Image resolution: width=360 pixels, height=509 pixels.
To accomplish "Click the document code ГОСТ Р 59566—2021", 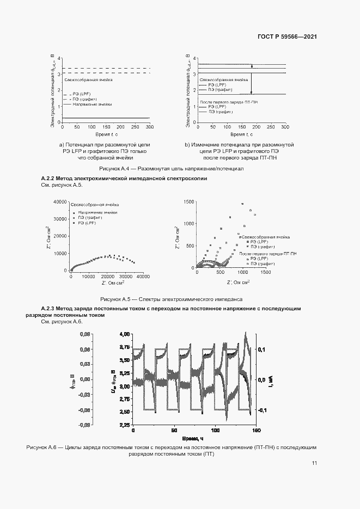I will click(287, 36).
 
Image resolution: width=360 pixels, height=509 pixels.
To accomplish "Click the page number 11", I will click(314, 463).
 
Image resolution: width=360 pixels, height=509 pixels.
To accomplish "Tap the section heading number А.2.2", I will click(48, 179).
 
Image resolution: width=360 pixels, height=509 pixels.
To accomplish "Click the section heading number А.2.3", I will click(48, 309).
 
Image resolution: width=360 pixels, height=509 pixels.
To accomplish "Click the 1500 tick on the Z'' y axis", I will click(188, 201).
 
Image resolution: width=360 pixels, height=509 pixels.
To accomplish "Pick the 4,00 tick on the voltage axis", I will click(124, 334).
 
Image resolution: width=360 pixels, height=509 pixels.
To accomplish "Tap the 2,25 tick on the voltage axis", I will click(124, 425).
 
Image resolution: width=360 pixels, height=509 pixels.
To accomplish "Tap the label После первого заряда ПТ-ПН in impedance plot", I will click(267, 254).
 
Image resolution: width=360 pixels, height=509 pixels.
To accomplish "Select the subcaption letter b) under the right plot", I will click(187, 145).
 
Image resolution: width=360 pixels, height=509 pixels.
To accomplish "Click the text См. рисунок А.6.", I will click(62, 322).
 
